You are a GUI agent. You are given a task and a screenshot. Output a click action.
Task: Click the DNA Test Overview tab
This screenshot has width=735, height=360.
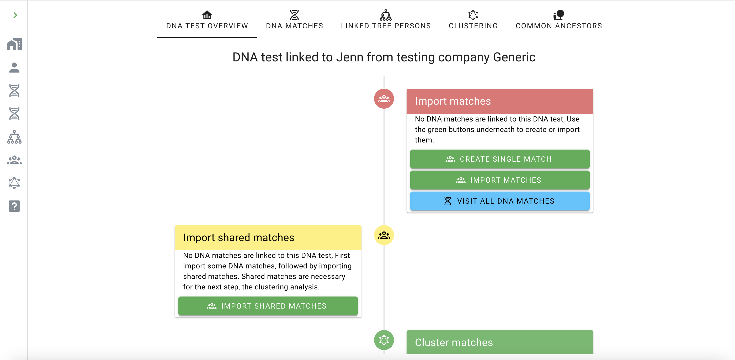(207, 20)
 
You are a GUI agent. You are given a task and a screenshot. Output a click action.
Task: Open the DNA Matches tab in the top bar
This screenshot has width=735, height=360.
(295, 20)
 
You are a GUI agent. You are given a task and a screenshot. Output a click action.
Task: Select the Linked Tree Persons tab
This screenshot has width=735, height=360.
(386, 20)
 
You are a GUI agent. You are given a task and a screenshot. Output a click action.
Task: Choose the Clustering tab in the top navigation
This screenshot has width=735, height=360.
(473, 20)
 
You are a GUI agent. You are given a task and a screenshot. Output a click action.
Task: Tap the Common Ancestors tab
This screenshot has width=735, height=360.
(559, 20)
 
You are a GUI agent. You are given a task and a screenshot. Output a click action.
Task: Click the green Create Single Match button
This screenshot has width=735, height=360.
(500, 159)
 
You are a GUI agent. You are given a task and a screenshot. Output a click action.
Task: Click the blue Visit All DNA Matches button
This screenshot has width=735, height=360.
(500, 201)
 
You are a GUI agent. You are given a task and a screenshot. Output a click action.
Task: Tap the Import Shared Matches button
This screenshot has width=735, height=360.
(268, 306)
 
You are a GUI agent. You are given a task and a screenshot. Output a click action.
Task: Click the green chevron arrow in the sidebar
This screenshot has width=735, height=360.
(15, 15)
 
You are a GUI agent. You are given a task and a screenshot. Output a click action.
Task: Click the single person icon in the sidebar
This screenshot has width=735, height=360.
(14, 68)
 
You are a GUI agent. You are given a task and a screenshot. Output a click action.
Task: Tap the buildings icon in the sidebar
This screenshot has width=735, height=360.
(14, 44)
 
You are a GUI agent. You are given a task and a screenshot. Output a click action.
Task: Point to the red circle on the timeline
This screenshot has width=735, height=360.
(384, 99)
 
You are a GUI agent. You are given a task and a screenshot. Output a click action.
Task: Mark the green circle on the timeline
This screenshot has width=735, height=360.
(384, 340)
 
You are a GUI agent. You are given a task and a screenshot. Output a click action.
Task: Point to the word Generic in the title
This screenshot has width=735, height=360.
(514, 57)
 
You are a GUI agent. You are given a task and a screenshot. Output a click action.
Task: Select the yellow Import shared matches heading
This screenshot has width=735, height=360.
(238, 237)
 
